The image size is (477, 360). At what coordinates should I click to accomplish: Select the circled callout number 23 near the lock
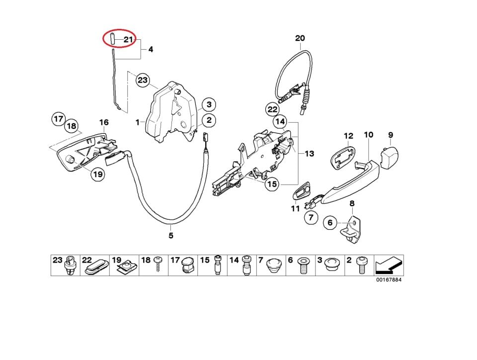(143, 80)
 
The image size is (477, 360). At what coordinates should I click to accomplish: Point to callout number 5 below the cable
(170, 235)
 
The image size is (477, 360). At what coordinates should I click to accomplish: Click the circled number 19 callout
(97, 175)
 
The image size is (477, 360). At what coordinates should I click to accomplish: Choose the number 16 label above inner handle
(103, 122)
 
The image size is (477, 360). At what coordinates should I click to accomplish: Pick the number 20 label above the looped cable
(300, 38)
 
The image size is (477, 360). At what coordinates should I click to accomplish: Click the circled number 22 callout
(272, 109)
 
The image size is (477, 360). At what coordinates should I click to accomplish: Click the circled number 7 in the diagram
(311, 217)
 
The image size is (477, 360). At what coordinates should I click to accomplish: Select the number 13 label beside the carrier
(309, 154)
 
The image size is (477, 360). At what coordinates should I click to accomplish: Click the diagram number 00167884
(388, 280)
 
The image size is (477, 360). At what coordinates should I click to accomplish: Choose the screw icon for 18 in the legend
(159, 266)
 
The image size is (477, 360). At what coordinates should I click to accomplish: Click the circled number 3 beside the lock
(209, 104)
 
